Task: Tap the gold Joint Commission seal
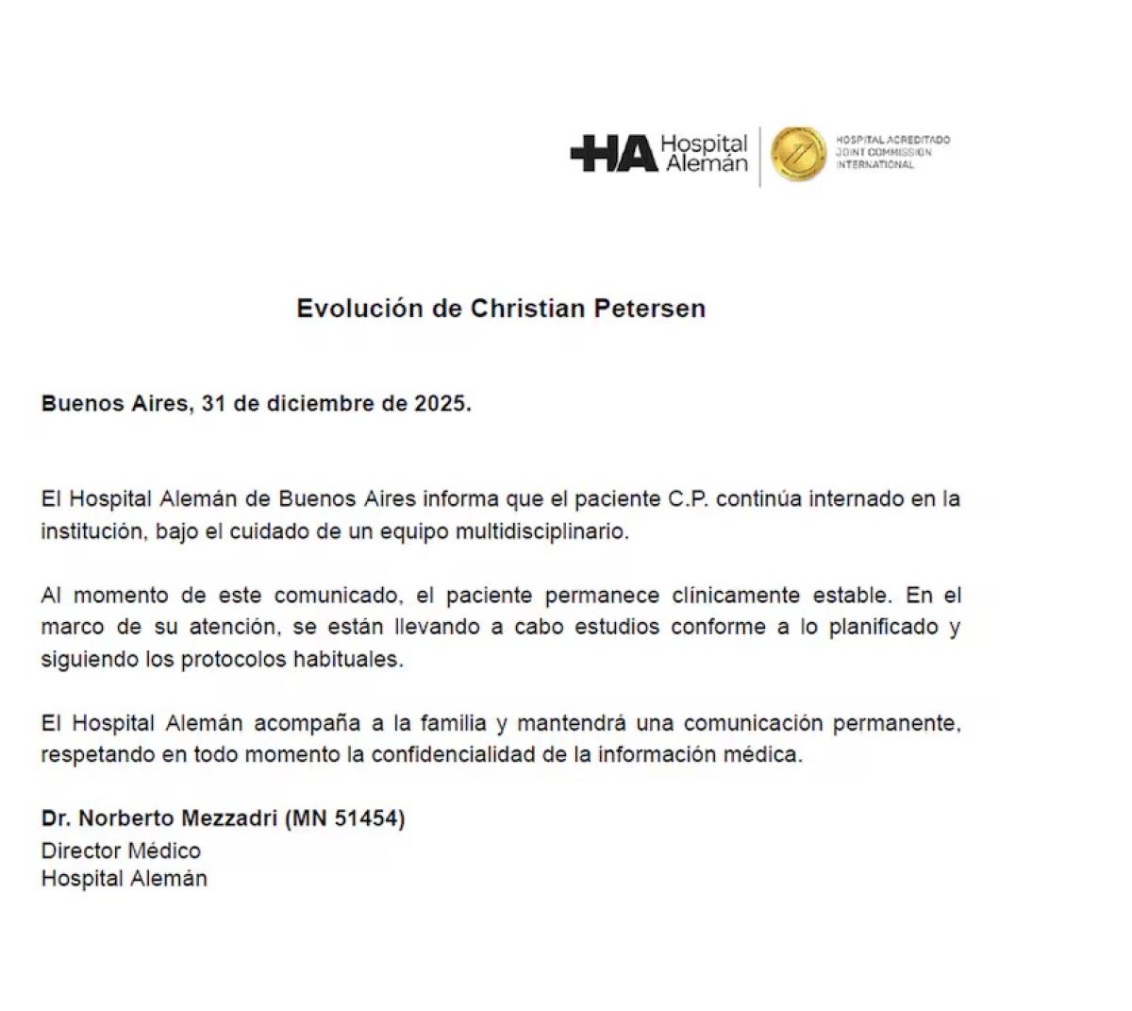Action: pos(798,154)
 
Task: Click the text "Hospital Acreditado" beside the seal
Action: pos(892,140)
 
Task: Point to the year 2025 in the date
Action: pos(440,404)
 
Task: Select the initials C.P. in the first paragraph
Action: pos(688,498)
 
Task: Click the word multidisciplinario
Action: pos(541,531)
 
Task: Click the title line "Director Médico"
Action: pos(121,851)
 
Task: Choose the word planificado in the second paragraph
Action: pos(883,628)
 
